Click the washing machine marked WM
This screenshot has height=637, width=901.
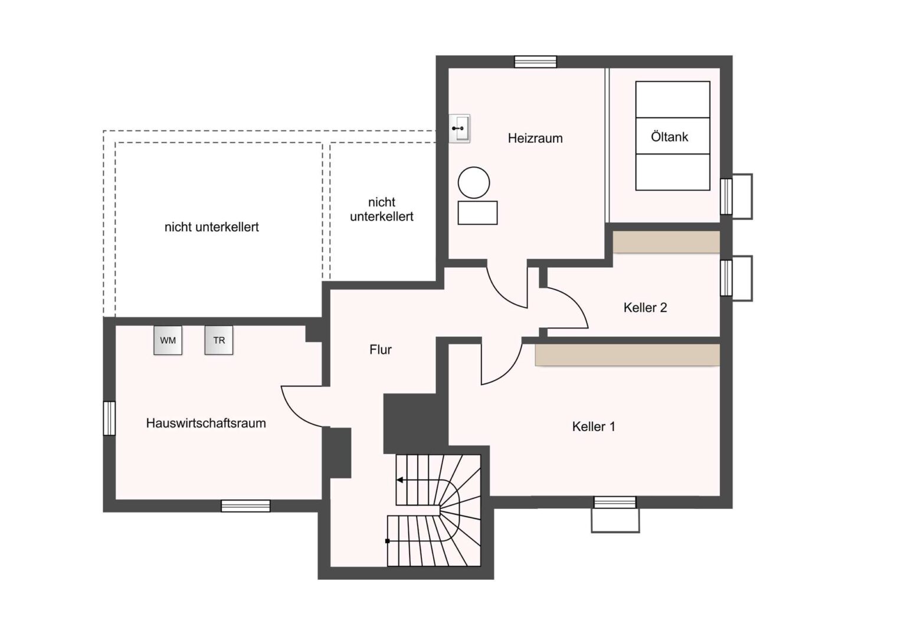[168, 340]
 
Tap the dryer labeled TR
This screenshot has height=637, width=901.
[219, 340]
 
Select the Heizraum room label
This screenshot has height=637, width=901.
[535, 139]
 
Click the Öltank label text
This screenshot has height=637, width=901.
[669, 137]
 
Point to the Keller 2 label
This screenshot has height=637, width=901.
[645, 308]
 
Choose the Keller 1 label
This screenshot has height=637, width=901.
[594, 426]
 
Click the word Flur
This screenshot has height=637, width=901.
[381, 349]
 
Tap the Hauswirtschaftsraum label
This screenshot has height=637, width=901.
[206, 423]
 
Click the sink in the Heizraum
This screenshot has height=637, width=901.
[459, 129]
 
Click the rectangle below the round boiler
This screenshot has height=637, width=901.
[477, 213]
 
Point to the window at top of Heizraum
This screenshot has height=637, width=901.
[536, 61]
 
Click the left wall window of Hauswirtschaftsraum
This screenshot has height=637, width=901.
[109, 418]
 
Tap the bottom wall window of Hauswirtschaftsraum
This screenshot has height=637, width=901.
[246, 506]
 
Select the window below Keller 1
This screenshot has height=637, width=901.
[615, 503]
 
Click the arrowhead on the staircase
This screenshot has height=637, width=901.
[399, 480]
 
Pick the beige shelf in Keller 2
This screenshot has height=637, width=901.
[666, 242]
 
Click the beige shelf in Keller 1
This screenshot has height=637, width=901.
[627, 354]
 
